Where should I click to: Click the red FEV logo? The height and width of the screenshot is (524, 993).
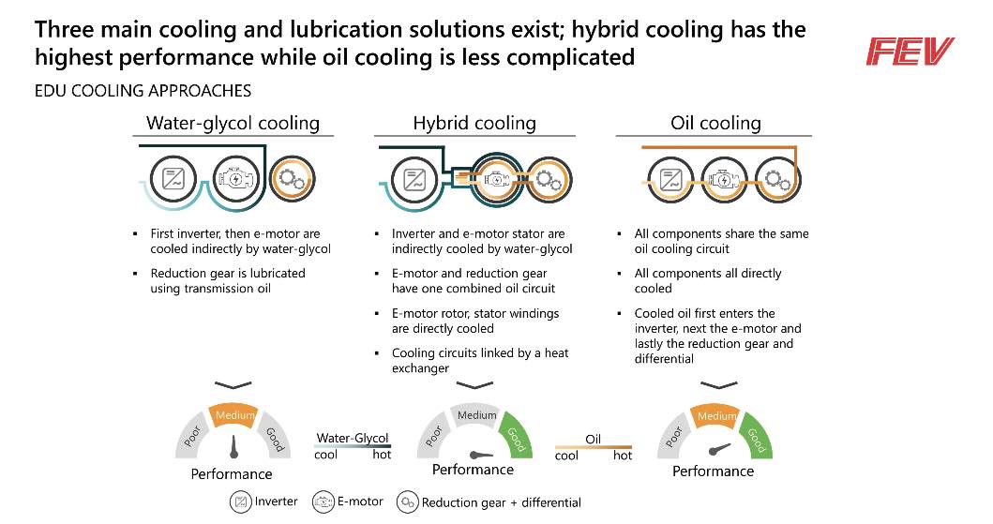tap(910, 52)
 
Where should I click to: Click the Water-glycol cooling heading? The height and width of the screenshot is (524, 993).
tap(233, 123)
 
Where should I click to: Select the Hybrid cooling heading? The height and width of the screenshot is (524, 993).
tap(474, 123)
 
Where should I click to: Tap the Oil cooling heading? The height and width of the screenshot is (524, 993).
tap(715, 123)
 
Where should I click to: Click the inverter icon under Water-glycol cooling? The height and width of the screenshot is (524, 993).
tap(173, 179)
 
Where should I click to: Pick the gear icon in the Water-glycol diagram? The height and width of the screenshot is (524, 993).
tap(292, 179)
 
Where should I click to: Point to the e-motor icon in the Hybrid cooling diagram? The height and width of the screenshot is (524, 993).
tap(497, 180)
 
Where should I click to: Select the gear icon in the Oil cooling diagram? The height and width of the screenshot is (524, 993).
tap(777, 180)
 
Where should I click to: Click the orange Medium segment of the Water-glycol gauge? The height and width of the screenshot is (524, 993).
tap(234, 415)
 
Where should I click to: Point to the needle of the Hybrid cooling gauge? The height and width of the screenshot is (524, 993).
tap(481, 455)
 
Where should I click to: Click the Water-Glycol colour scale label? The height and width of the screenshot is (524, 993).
tap(353, 438)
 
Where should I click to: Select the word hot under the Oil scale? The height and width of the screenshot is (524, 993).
tap(622, 456)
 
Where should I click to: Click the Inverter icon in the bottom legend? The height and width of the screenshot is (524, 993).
tap(241, 502)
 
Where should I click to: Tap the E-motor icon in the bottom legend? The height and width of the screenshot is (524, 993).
tap(323, 502)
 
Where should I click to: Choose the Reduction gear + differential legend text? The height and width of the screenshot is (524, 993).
tap(501, 502)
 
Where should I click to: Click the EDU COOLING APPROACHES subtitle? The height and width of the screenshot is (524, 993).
tap(143, 91)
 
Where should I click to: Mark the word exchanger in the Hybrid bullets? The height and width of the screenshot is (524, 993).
tap(420, 368)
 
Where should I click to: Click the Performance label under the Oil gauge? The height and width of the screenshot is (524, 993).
tap(713, 471)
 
